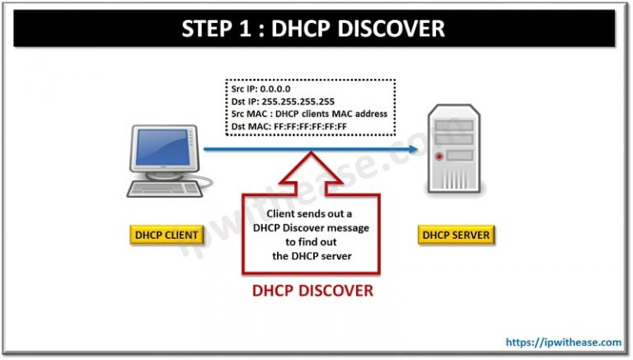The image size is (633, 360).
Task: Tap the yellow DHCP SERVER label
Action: [x=456, y=235]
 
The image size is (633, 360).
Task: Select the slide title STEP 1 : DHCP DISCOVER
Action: [x=316, y=29]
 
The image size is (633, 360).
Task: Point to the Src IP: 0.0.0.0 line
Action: [x=260, y=88]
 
